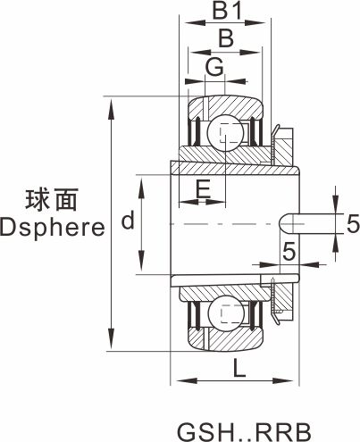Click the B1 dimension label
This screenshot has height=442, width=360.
click(227, 10)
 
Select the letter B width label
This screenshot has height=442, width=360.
click(226, 38)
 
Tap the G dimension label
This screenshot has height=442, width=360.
click(214, 67)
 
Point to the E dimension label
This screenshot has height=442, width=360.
click(204, 189)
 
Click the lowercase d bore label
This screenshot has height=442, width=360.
click(128, 220)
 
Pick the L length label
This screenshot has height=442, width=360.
click(239, 368)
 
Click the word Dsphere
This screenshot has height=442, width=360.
click(53, 228)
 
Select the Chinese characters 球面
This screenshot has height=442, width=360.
click(52, 200)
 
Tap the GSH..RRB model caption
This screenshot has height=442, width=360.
click(244, 432)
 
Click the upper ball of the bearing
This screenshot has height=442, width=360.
click(225, 133)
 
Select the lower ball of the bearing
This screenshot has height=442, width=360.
click(226, 313)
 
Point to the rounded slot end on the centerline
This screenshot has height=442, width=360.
click(283, 223)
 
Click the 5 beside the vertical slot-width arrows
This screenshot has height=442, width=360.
click(353, 224)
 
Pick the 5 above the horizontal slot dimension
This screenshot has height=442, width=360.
click(289, 251)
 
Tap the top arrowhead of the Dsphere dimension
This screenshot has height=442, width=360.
click(111, 110)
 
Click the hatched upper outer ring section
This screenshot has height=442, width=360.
click(225, 106)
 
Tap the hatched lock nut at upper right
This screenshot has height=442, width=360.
click(284, 147)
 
